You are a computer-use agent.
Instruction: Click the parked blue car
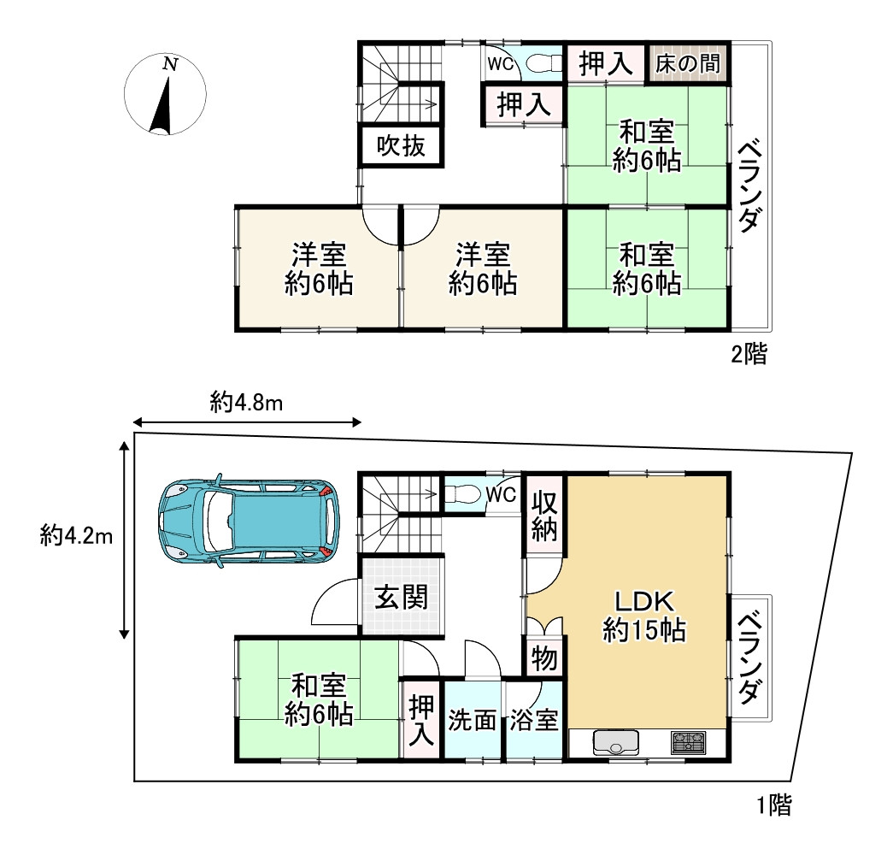pyautogui.click(x=249, y=522)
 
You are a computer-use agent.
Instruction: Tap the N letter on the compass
pyautogui.click(x=170, y=64)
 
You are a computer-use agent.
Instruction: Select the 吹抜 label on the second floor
pyautogui.click(x=401, y=146)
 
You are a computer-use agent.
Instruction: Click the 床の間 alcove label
pyautogui.click(x=688, y=63)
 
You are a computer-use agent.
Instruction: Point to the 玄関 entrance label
pyautogui.click(x=401, y=598)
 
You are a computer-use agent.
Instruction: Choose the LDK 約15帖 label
pyautogui.click(x=644, y=616)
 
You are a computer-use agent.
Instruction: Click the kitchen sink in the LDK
pyautogui.click(x=615, y=743)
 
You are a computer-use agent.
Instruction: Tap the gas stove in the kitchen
pyautogui.click(x=688, y=743)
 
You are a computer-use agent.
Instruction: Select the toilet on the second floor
pyautogui.click(x=539, y=63)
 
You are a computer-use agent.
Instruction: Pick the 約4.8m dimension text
pyautogui.click(x=247, y=403)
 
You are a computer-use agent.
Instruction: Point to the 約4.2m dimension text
pyautogui.click(x=76, y=536)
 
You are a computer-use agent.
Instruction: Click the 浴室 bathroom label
pyautogui.click(x=533, y=720)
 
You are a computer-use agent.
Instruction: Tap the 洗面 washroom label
pyautogui.click(x=472, y=720)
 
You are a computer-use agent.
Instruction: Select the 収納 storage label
pyautogui.click(x=544, y=516)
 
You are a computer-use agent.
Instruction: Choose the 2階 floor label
pyautogui.click(x=749, y=354)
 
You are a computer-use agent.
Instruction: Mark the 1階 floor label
pyautogui.click(x=773, y=805)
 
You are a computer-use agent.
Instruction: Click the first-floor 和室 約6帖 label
pyautogui.click(x=319, y=700)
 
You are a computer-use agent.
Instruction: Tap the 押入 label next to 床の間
pyautogui.click(x=606, y=63)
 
